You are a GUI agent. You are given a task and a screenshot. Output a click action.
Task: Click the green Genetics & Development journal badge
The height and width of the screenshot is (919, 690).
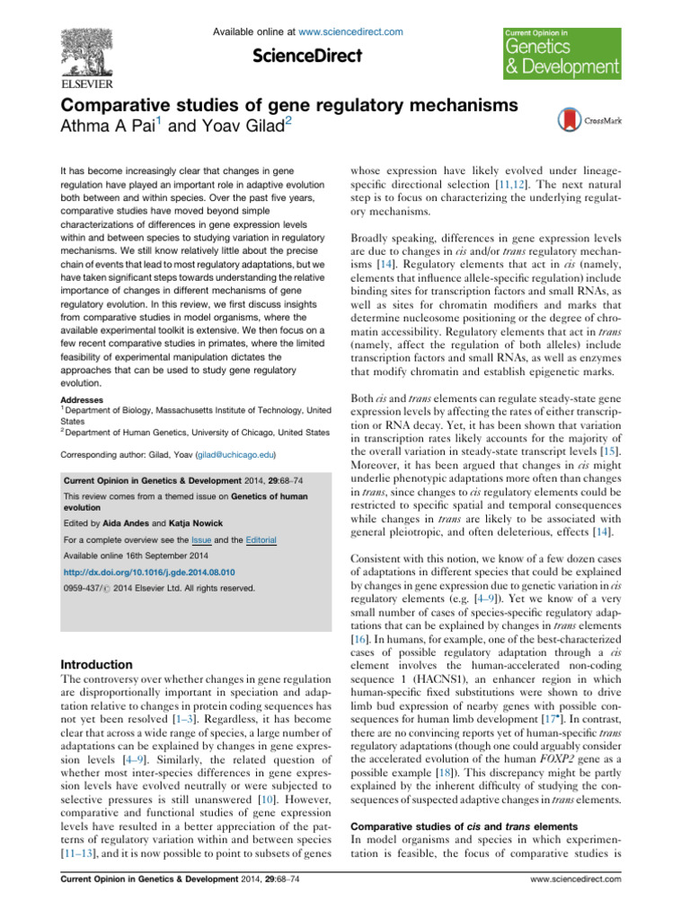pyautogui.click(x=561, y=53)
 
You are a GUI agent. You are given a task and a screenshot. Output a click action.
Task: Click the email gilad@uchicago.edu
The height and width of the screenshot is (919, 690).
pyautogui.click(x=236, y=456)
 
